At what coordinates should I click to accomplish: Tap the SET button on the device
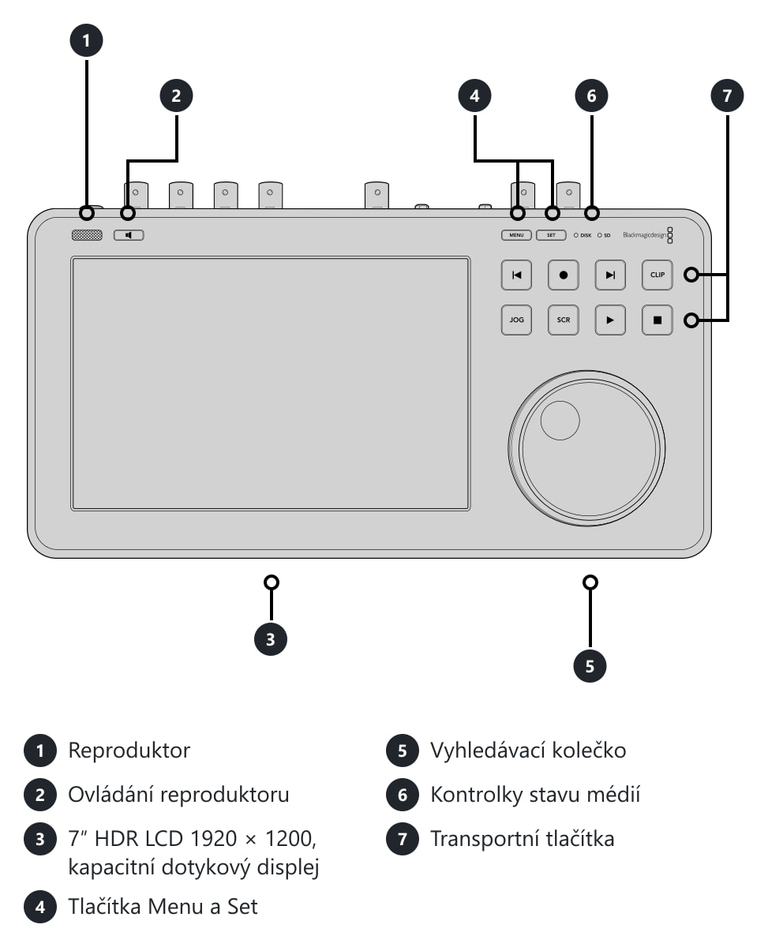[x=550, y=234]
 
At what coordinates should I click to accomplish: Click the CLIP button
[x=657, y=275]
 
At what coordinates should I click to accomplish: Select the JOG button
[x=516, y=320]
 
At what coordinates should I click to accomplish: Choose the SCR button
[x=563, y=320]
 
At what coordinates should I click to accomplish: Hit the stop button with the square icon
[x=657, y=320]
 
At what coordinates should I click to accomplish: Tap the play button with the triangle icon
[x=610, y=320]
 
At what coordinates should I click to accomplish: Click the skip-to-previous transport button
[x=516, y=275]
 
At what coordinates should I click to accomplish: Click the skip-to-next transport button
[x=610, y=275]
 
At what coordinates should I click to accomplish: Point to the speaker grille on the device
[x=87, y=234]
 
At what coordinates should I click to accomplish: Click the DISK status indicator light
[x=576, y=235]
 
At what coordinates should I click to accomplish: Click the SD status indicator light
[x=599, y=235]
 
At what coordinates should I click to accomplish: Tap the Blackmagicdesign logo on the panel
[x=647, y=234]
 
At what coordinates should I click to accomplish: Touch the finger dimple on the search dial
[x=560, y=420]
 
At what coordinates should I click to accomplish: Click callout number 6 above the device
[x=591, y=95]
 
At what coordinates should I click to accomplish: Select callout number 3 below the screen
[x=271, y=639]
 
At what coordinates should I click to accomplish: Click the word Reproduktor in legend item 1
[x=129, y=750]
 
